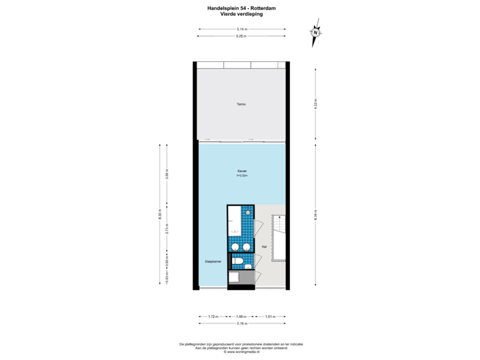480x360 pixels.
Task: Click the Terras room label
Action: pyautogui.click(x=241, y=104)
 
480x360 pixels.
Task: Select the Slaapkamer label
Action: pyautogui.click(x=213, y=262)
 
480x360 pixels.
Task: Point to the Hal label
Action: pyautogui.click(x=264, y=247)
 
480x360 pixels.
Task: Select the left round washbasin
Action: pyautogui.click(x=234, y=247)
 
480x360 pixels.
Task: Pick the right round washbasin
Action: pyautogui.click(x=247, y=247)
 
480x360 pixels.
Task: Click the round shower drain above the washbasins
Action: pyautogui.click(x=248, y=213)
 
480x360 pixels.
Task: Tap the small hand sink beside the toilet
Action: pyautogui.click(x=249, y=267)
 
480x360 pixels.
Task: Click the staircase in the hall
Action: pyautogui.click(x=280, y=239)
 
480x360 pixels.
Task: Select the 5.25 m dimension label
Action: pyautogui.click(x=241, y=37)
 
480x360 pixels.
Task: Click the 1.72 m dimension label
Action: pyautogui.click(x=212, y=316)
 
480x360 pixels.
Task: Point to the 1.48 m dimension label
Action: pyautogui.click(x=241, y=316)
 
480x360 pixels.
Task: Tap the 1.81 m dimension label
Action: pyautogui.click(x=270, y=316)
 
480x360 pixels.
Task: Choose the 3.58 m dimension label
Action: pyautogui.click(x=167, y=175)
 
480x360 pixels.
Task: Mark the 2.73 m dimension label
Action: pyautogui.click(x=167, y=228)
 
